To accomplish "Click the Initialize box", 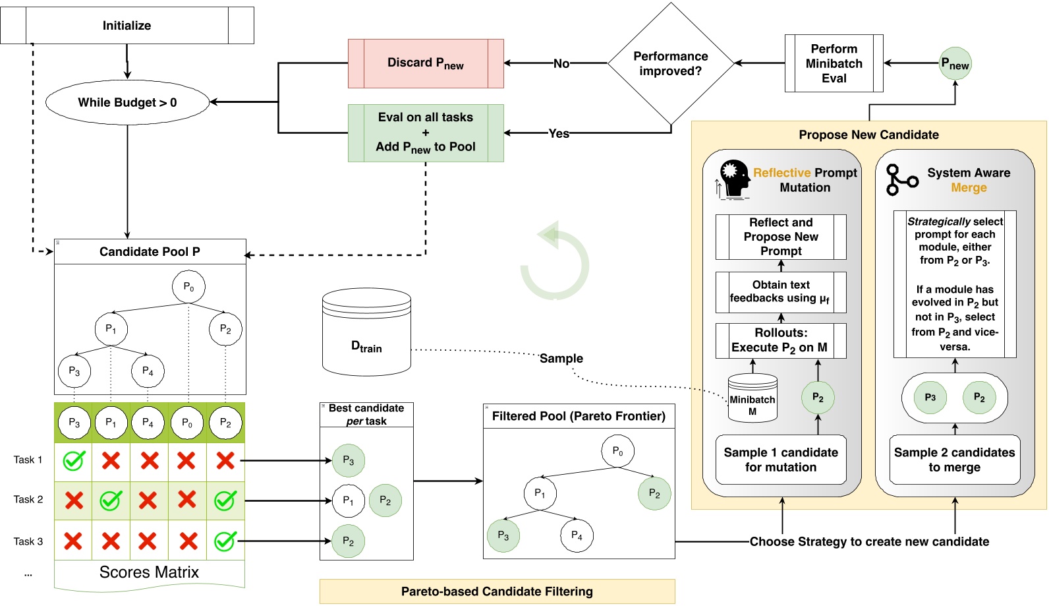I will point(127,26).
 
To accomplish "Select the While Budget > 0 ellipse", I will point(127,102).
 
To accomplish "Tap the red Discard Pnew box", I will point(426,63).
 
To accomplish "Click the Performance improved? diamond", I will point(670,64).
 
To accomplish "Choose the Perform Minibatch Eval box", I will point(834,63).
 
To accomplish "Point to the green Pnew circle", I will point(955,64).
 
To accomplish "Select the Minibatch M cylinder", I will point(752,398).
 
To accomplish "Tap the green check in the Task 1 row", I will point(73,460).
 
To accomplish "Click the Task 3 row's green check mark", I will point(225,541).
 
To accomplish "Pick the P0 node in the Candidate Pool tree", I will point(188,287).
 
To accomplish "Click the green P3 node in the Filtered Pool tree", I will point(503,535).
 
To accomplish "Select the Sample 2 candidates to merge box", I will point(954,460).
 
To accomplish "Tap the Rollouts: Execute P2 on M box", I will point(780,340).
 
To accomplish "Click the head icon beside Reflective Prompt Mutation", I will point(733,179).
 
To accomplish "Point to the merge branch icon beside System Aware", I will point(901,180).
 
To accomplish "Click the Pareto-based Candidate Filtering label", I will point(497,591).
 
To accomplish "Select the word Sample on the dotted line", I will point(561,358).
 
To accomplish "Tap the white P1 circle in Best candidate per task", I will point(348,500).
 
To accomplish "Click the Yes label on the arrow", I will point(559,133).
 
